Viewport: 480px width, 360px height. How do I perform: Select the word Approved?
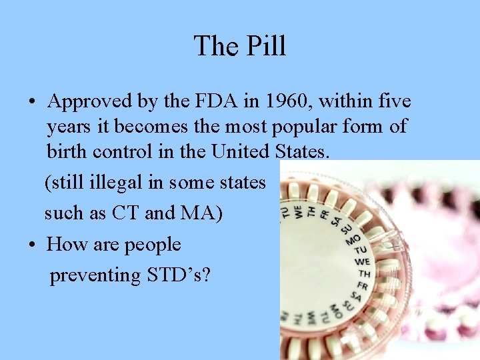91,102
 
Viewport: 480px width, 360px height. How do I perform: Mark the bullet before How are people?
32,245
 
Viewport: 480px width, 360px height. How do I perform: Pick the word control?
123,151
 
